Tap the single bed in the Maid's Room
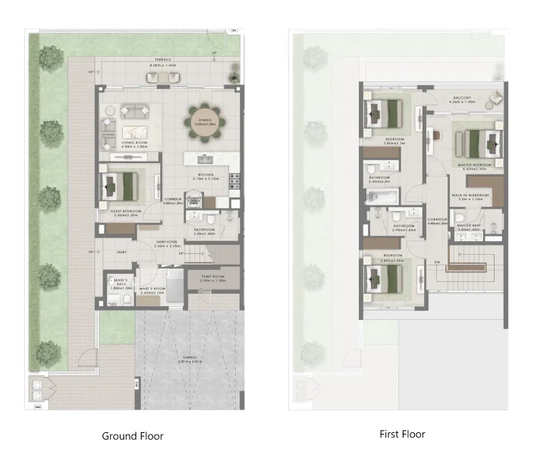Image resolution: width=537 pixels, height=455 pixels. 173,289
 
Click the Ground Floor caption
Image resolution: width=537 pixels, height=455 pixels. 133,436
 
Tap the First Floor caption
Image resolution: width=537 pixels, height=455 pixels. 402,435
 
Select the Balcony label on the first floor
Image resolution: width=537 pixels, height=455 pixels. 463,98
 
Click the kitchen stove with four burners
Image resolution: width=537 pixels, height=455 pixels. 235,181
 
